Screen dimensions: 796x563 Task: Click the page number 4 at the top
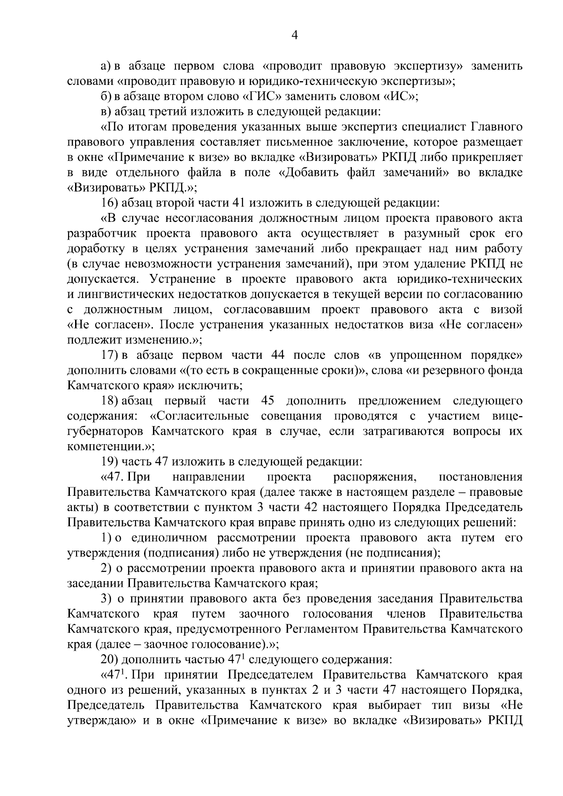coord(295,36)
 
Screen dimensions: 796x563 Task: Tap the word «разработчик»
coord(100,234)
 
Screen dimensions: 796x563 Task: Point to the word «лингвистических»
coord(125,295)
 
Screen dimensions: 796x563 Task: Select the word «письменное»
coord(332,142)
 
